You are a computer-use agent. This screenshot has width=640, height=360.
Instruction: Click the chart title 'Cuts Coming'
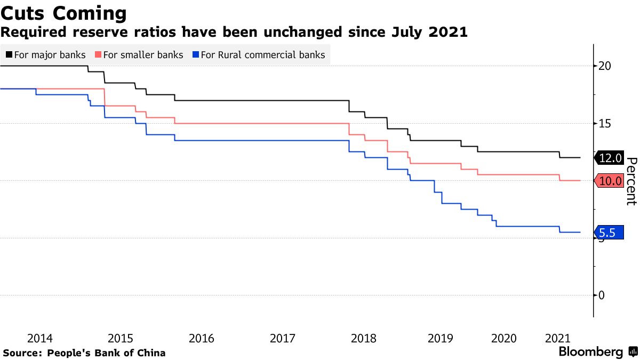[64, 13]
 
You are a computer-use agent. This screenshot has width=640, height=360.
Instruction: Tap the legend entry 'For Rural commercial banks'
[263, 54]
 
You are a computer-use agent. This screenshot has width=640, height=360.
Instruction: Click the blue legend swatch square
[196, 54]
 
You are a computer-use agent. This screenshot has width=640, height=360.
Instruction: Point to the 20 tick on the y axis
[604, 66]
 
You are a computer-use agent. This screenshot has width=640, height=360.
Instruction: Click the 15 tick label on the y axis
[604, 123]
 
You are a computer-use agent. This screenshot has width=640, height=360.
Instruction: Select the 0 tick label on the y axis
[602, 295]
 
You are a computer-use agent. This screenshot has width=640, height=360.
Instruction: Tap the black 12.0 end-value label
[610, 158]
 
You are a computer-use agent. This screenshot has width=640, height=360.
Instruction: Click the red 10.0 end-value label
[610, 181]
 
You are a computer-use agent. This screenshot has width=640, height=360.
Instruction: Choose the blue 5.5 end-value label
[609, 233]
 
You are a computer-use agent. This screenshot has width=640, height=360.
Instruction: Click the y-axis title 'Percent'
[631, 181]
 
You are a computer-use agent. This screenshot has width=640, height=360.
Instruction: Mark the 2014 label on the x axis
[39, 338]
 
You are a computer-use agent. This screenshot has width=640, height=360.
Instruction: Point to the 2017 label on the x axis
[283, 338]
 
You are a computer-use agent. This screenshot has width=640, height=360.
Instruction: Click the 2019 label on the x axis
[441, 338]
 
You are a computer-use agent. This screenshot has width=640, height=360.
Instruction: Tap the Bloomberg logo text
[590, 352]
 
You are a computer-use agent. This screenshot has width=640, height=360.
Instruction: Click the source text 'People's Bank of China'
[107, 353]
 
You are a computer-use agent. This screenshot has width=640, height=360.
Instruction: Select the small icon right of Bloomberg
[633, 352]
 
